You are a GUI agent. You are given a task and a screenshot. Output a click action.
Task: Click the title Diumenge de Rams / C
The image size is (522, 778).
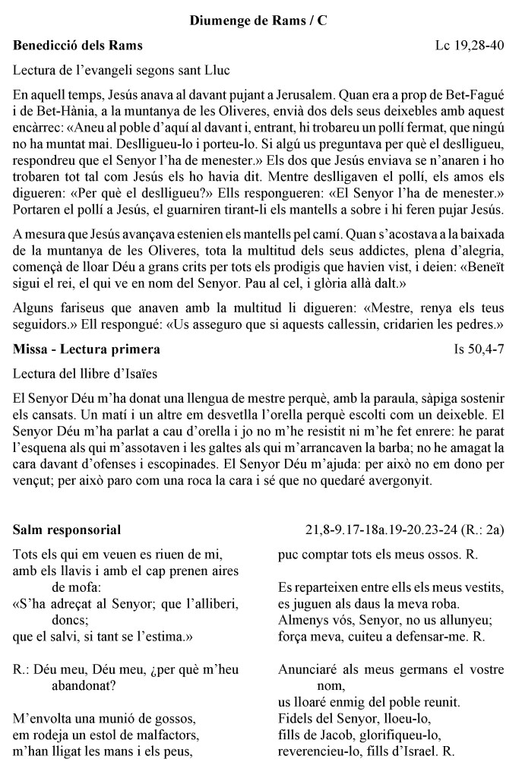(258, 21)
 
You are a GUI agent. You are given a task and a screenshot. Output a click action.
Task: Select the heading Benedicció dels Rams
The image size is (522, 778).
(78, 46)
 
